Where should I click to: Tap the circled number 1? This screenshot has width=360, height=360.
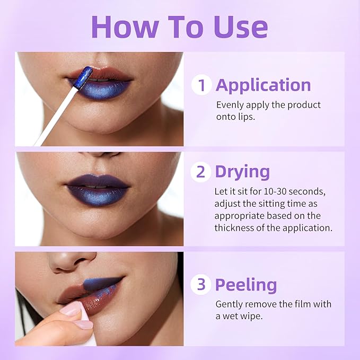201,85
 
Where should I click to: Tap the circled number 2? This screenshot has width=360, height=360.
201,172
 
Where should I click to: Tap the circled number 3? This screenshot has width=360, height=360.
201,285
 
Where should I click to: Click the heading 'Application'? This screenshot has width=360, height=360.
263,85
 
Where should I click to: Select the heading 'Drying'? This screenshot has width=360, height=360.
242,172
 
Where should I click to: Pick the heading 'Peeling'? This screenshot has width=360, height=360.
245,285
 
